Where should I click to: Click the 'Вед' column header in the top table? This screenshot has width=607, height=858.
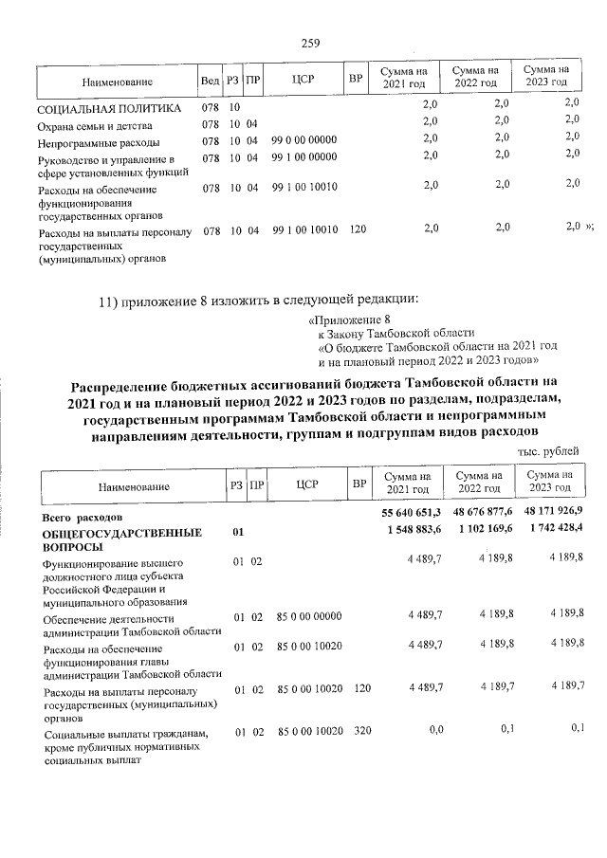point(210,82)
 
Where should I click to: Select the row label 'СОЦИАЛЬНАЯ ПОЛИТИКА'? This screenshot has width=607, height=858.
point(103,110)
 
